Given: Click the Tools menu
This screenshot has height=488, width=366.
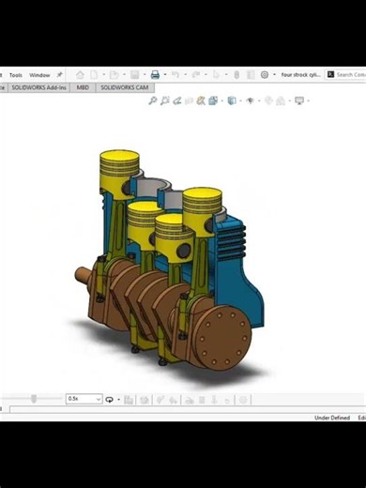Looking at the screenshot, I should click(15, 75).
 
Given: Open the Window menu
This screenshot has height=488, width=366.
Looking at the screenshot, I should click(39, 75).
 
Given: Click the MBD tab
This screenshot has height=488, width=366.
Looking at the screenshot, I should click(83, 87).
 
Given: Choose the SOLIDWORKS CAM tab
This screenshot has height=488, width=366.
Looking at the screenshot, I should click(124, 87).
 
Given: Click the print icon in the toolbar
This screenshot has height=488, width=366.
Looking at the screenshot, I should click(155, 75).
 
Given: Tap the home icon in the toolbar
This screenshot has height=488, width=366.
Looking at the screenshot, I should click(80, 75).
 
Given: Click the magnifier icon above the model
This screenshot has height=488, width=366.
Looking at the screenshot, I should click(153, 100).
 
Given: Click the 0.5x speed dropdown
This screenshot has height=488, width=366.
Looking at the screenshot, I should click(83, 399).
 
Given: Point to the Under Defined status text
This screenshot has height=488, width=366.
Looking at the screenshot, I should click(332, 418).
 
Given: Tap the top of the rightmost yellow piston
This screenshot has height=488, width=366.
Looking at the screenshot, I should click(202, 198).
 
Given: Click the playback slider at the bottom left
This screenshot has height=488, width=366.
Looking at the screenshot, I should click(34, 399).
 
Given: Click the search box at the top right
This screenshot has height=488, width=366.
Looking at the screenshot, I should click(349, 75).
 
